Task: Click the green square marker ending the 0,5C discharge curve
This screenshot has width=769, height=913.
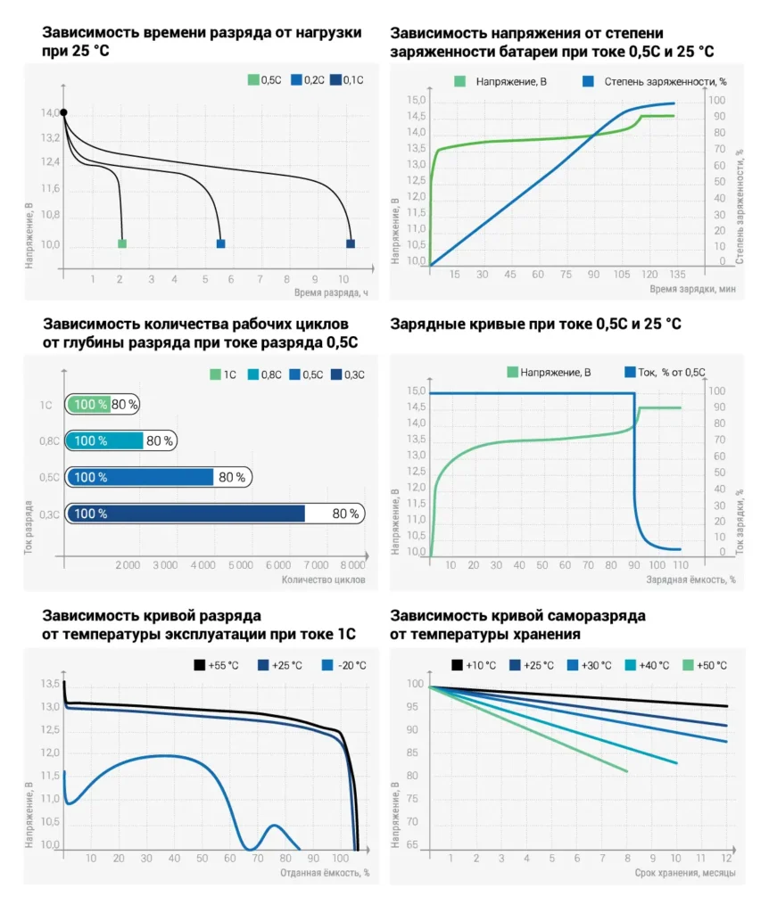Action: [x=122, y=243]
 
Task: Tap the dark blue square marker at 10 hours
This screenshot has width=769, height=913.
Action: [x=351, y=243]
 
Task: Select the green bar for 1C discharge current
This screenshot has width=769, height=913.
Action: [x=89, y=404]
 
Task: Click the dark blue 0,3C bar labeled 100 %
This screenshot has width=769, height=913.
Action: [x=186, y=514]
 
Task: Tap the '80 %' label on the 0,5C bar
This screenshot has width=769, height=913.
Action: [x=232, y=477]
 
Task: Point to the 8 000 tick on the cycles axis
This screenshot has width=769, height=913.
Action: [x=352, y=565]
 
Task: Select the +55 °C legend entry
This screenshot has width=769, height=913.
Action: [x=218, y=665]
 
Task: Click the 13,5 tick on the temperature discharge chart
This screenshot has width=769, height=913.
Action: [x=49, y=684]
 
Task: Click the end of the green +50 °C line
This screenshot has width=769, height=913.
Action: [x=627, y=771]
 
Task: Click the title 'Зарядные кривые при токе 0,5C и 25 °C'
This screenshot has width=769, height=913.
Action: [x=535, y=324]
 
